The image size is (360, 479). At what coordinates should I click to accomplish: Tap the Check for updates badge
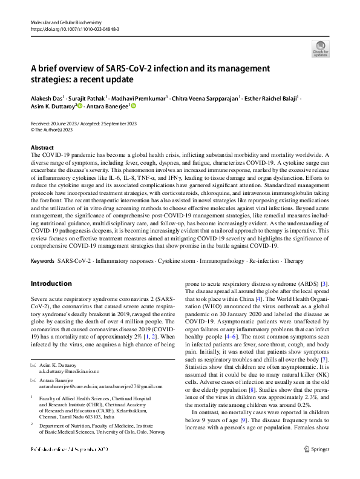[319, 48]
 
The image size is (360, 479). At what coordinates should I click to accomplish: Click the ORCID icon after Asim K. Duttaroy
[78, 106]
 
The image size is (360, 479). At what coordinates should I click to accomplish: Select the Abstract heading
[42, 148]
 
